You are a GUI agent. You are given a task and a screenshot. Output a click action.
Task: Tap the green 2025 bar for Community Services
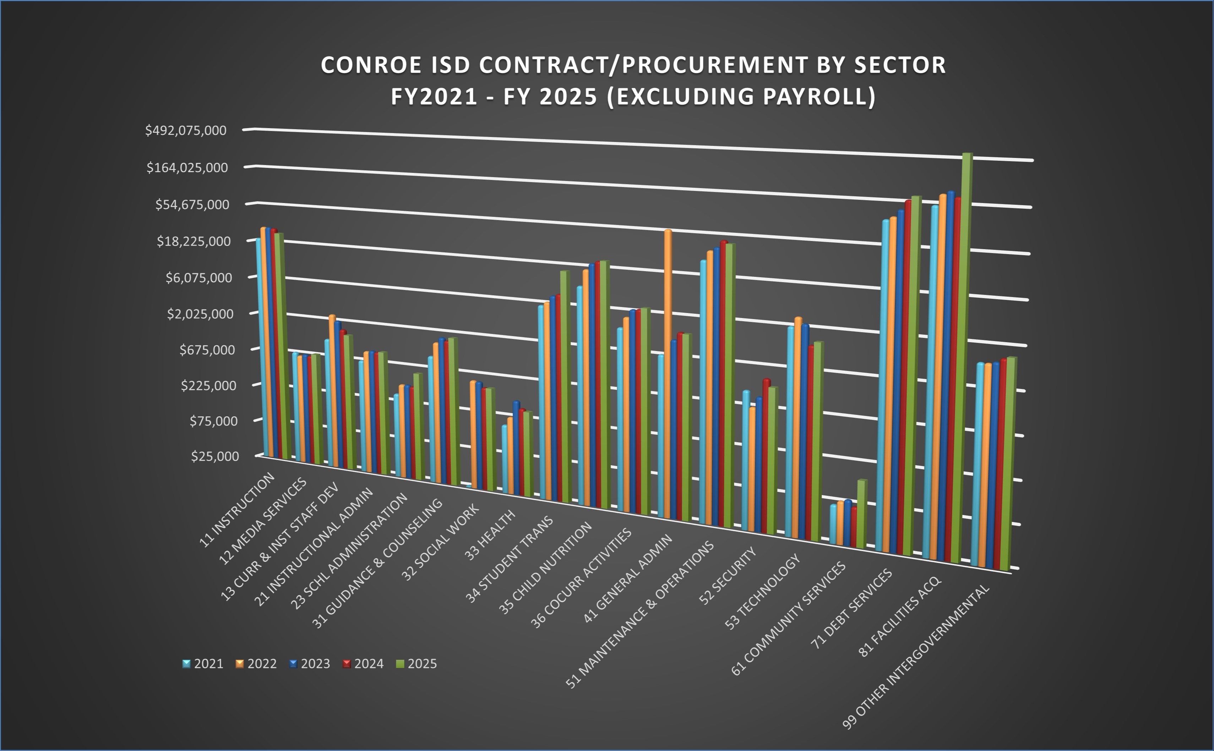click(861, 514)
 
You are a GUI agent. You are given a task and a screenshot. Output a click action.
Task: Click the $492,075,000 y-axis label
click(185, 131)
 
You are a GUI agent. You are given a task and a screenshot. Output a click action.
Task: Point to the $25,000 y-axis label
click(215, 456)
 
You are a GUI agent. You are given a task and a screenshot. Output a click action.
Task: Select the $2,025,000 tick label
click(200, 314)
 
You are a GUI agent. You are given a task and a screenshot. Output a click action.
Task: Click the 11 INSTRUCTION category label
click(238, 510)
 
